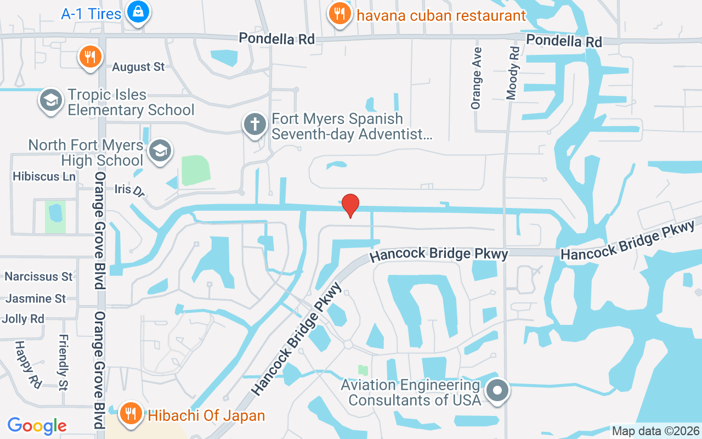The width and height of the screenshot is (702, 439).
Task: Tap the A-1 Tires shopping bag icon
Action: pos(138,12)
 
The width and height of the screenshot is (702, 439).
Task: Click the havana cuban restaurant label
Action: pos(441,15)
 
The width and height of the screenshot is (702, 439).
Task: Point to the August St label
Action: pos(138,67)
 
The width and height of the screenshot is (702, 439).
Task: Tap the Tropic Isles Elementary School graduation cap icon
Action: pos(51,100)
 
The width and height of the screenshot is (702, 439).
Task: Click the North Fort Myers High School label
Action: pos(86,153)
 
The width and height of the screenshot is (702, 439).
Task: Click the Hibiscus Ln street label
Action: pos(44,176)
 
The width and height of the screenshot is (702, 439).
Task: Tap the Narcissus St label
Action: pos(39,276)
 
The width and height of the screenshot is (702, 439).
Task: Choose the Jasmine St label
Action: pos(36,299)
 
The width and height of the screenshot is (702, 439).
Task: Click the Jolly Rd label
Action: pos(23,319)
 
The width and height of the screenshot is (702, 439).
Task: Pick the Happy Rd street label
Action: pos(28,364)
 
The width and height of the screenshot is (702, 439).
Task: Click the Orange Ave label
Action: pos(476,78)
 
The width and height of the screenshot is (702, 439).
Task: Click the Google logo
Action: pos(37,425)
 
